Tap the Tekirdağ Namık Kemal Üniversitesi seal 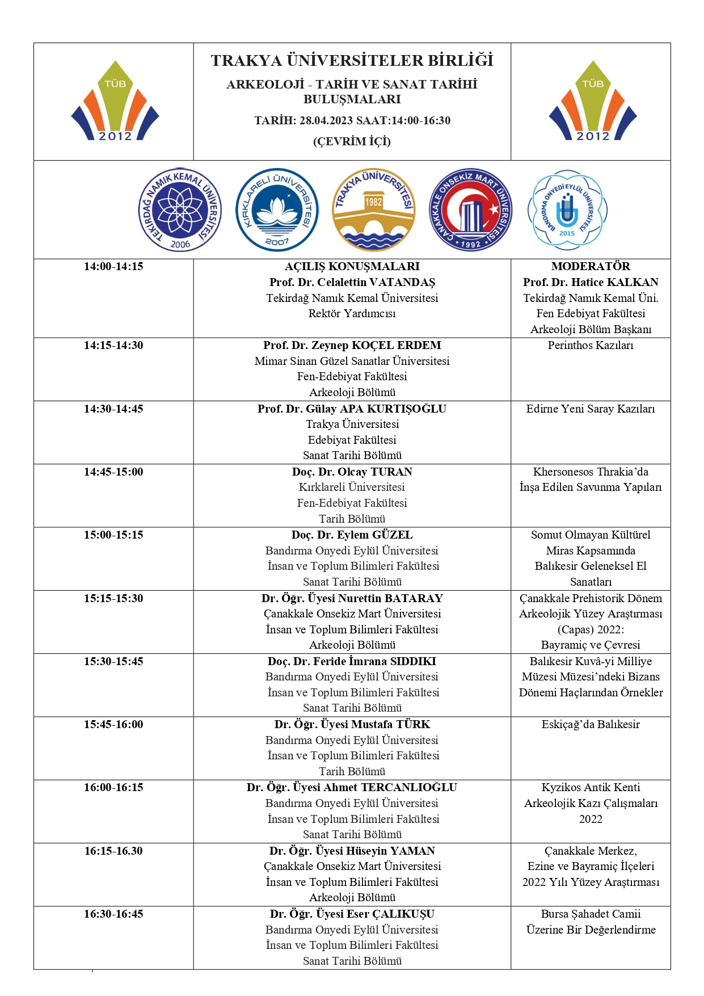180,210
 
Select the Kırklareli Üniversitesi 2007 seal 277,210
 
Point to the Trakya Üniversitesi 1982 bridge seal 373,210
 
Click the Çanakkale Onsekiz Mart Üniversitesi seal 470,210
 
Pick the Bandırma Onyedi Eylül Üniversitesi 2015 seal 567,210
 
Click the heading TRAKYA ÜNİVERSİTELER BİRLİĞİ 352,61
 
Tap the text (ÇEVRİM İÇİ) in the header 352,141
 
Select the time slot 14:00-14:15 113,266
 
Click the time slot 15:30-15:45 113,661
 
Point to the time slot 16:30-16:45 113,914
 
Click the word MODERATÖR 591,266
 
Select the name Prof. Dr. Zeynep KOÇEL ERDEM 352,345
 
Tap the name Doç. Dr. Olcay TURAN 352,472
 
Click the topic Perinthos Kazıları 591,345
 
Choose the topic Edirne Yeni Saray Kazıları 591,409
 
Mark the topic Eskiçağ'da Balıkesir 591,724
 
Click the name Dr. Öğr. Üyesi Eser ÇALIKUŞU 352,914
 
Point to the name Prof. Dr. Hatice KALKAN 591,282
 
